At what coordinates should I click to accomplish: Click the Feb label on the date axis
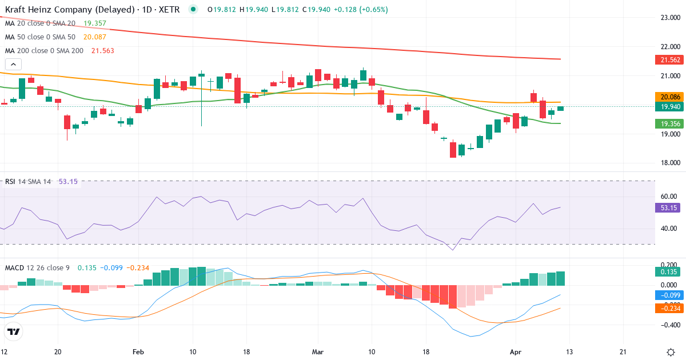click(138, 352)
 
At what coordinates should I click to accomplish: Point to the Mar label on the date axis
click(318, 352)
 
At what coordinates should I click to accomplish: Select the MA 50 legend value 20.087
click(95, 37)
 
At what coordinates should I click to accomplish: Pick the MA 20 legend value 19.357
click(95, 23)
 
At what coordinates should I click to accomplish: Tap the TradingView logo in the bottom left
click(14, 331)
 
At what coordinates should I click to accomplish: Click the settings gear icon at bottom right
click(671, 352)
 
